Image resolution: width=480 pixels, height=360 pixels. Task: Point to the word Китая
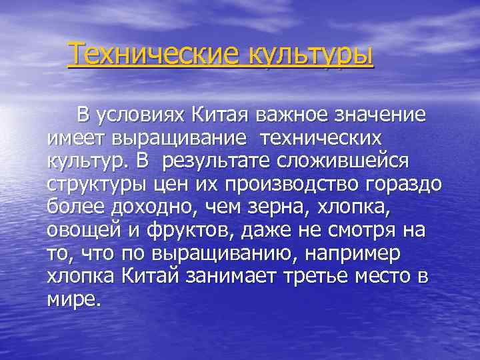213,115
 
